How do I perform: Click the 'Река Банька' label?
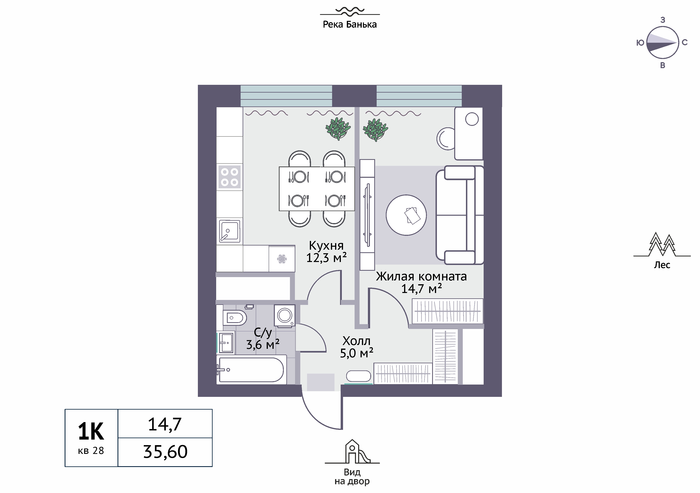click(350, 24)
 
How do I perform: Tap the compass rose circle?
click(662, 43)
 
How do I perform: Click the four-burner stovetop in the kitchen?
click(229, 177)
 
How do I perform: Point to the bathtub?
click(252, 370)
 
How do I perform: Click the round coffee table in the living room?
click(406, 215)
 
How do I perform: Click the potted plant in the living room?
click(375, 130)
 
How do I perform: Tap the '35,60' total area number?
click(165, 452)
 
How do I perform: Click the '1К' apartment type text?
click(91, 431)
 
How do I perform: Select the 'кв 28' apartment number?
click(91, 451)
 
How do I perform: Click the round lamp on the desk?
click(472, 119)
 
